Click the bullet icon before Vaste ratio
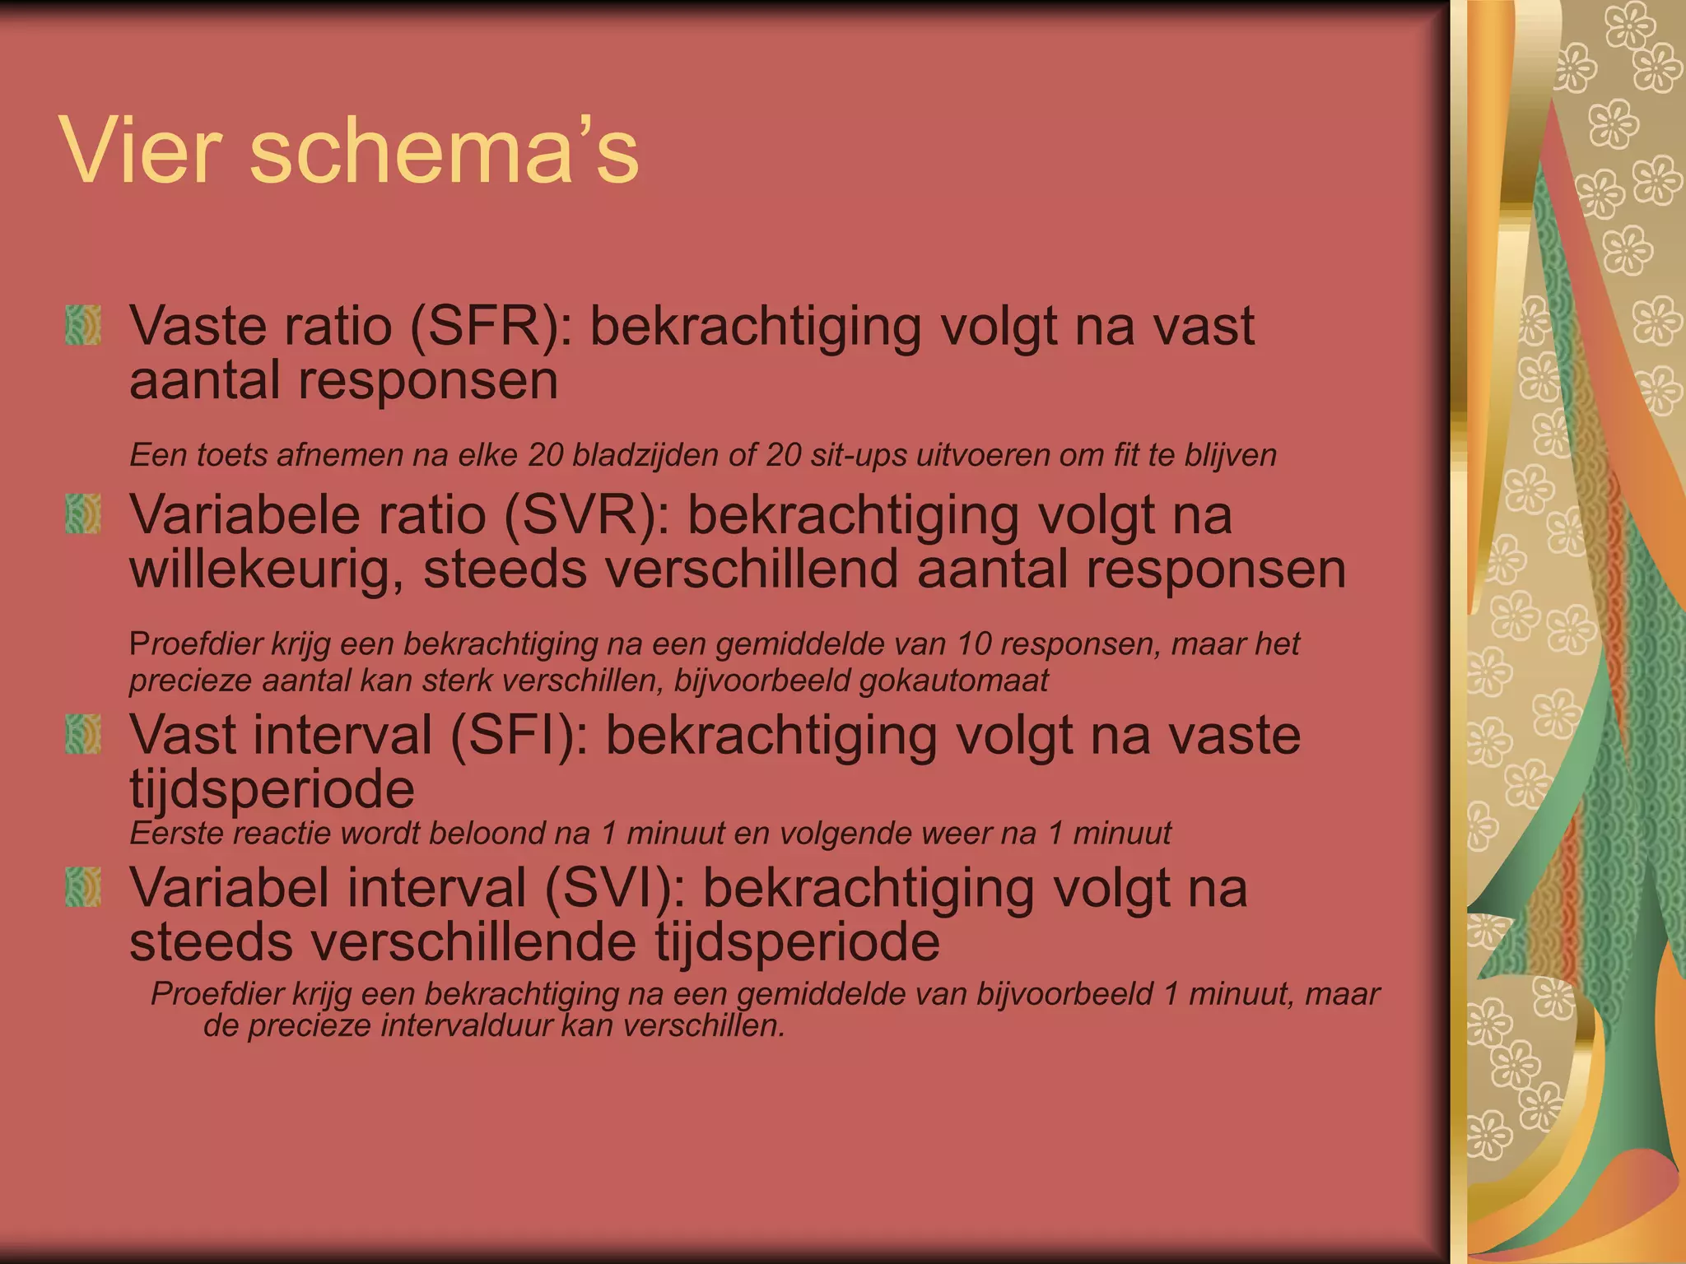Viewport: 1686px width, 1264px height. [83, 325]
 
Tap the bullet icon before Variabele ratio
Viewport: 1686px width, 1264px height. [83, 514]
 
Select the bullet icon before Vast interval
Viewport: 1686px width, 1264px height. [83, 734]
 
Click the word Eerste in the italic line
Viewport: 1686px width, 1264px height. [178, 834]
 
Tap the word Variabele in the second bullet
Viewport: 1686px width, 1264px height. [245, 515]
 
